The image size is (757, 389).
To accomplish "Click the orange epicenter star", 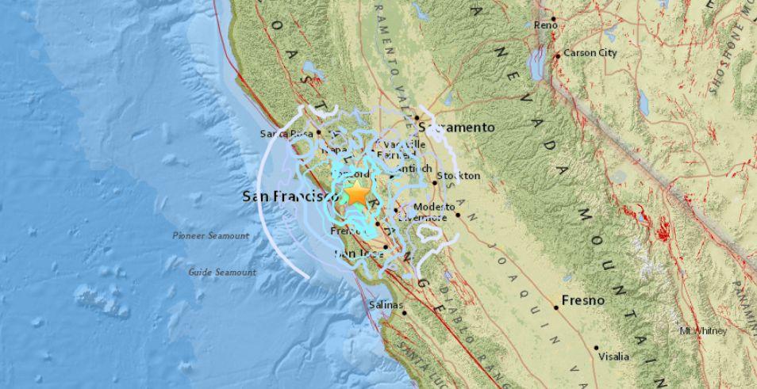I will (x=358, y=193).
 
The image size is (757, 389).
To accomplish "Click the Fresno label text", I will (x=583, y=300).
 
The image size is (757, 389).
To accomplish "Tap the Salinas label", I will (x=386, y=304).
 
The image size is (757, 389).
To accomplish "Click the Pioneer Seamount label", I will (x=211, y=235).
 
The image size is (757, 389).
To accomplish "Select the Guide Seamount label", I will (x=222, y=272).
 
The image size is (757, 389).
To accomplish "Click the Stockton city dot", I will (x=435, y=183).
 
